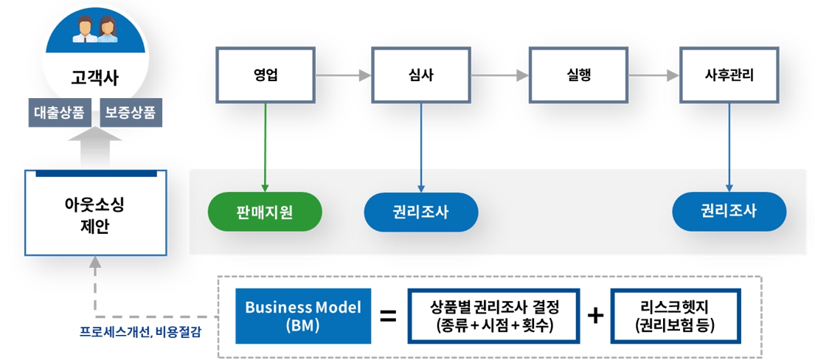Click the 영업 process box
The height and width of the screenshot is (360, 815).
click(265, 75)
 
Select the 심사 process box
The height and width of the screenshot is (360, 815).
click(421, 75)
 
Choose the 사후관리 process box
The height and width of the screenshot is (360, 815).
click(729, 75)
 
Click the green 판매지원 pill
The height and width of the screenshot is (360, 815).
click(265, 212)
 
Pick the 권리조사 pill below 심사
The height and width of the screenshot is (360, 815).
click(421, 212)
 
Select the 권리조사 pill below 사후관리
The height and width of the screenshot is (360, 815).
click(729, 212)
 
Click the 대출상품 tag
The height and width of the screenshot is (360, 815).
click(58, 113)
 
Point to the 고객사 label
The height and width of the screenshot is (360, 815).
click(94, 77)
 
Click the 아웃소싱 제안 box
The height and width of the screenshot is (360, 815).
click(95, 213)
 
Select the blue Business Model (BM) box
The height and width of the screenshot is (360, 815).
click(303, 316)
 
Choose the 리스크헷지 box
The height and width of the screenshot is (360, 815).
click(675, 316)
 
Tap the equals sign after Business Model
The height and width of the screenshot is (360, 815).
click(388, 316)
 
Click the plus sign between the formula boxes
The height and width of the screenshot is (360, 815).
click(594, 316)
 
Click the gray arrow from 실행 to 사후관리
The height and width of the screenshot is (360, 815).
click(653, 75)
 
